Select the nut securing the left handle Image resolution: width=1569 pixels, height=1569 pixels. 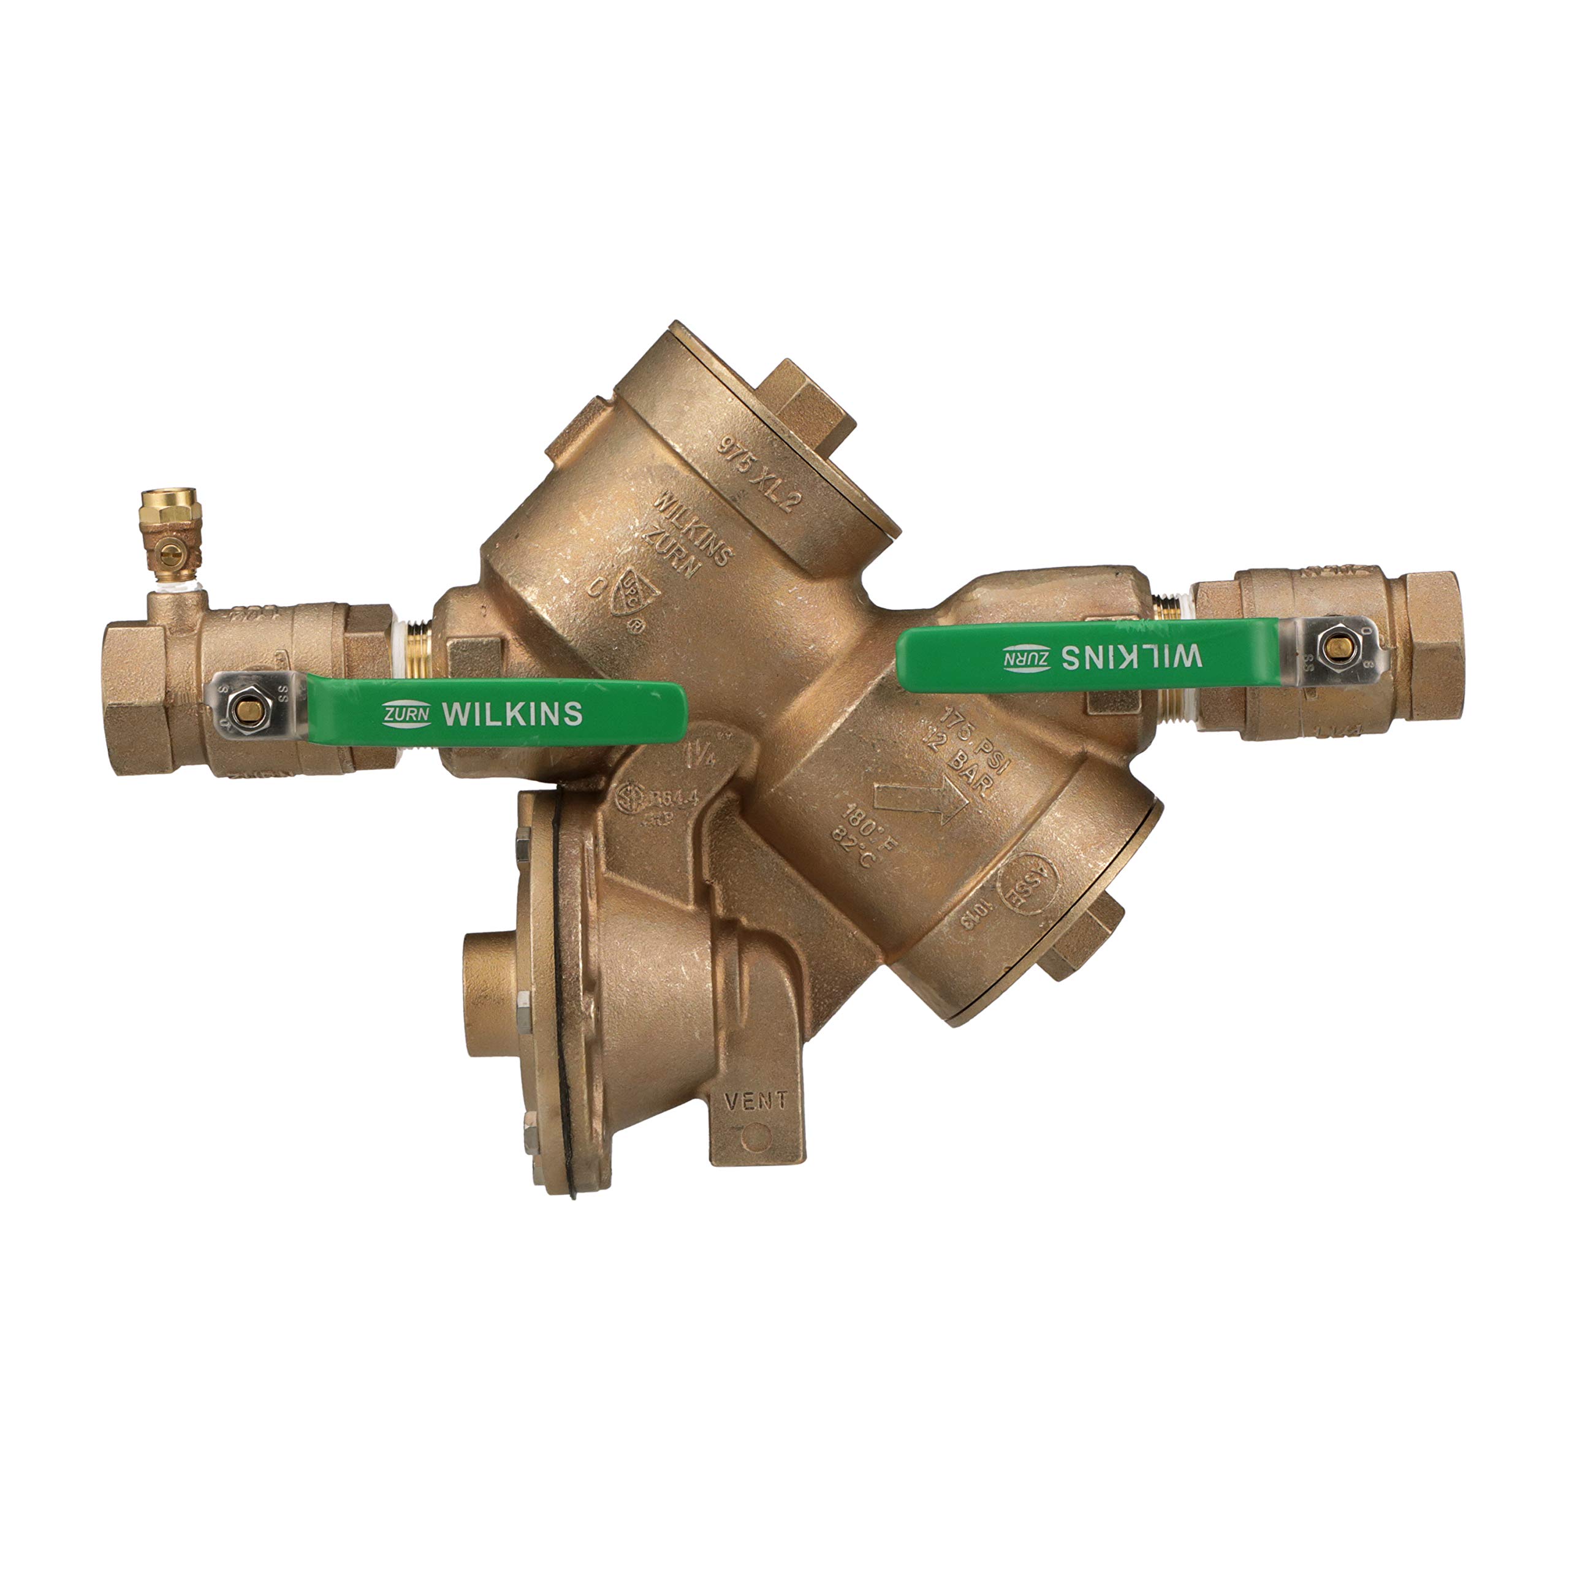(241, 712)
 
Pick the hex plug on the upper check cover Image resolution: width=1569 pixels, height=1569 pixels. (812, 406)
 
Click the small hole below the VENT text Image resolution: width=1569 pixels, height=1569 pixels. (759, 1134)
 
